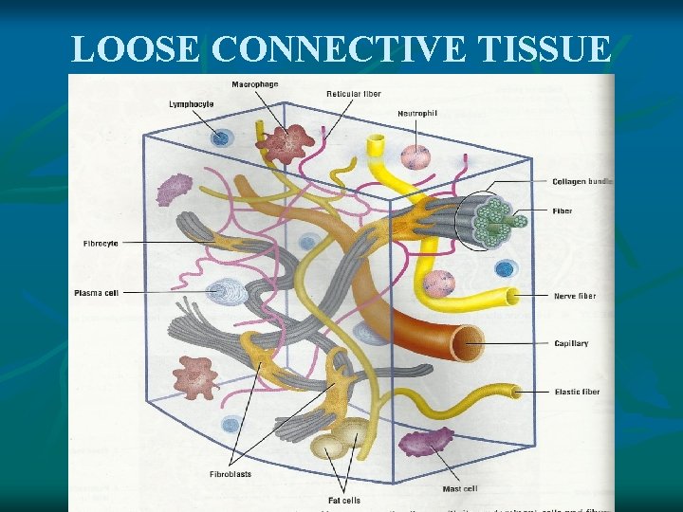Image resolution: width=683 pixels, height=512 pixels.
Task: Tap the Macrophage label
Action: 255,84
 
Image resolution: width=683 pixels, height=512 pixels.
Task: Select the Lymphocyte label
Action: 191,103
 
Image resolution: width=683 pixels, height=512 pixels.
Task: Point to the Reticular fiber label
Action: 354,94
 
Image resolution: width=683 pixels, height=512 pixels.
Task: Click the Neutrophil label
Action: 417,113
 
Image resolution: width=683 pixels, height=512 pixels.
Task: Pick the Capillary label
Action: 571,343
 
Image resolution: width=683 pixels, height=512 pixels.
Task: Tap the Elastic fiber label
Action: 577,391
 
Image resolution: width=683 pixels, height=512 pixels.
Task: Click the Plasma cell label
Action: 96,293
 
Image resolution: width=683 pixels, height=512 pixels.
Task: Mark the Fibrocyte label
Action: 101,244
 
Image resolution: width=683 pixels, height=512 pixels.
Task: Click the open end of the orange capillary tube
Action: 467,341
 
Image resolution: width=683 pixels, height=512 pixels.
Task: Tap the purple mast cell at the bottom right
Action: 427,442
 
